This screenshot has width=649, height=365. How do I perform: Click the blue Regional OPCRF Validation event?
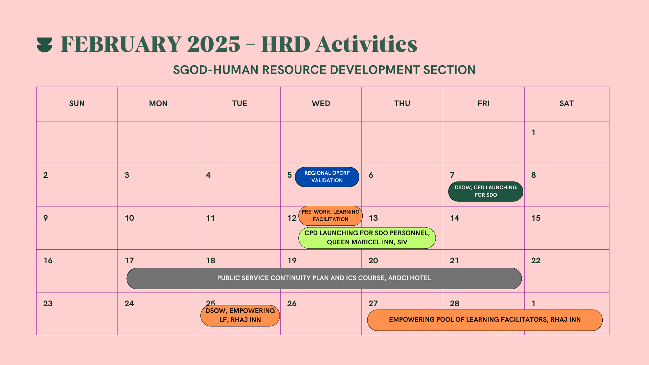(327, 177)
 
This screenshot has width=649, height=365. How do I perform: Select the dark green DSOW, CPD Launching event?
(485, 191)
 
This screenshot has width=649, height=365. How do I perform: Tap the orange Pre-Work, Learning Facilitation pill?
(330, 216)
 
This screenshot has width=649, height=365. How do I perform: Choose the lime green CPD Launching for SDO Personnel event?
(367, 238)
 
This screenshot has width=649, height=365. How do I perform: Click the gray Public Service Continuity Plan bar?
(324, 278)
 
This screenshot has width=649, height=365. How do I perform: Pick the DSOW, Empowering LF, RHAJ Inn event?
(240, 315)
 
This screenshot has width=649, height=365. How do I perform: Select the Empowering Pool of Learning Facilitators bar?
(484, 320)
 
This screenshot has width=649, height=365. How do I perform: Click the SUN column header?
(77, 104)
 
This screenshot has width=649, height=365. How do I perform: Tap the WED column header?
(321, 104)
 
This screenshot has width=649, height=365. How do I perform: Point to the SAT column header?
(567, 104)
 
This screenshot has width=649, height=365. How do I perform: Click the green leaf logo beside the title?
(44, 45)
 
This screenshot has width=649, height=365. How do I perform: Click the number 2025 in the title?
(213, 44)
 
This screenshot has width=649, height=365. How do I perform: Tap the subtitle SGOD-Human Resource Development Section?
(324, 70)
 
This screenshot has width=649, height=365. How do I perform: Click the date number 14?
(454, 218)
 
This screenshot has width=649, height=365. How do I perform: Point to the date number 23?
(48, 303)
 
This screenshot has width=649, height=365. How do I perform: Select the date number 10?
(129, 218)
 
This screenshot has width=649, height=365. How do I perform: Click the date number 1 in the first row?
(533, 132)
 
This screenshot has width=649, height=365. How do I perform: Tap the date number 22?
(535, 261)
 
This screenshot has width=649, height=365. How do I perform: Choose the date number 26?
(292, 303)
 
